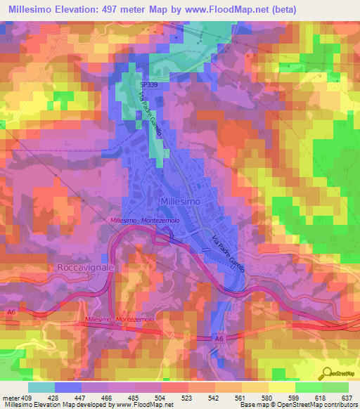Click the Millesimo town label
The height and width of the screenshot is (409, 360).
181,201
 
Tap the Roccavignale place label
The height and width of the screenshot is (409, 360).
81,268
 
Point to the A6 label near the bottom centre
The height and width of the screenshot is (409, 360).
220,339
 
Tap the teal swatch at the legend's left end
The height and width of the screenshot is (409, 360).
41,387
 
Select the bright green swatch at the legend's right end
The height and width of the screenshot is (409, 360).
335,387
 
